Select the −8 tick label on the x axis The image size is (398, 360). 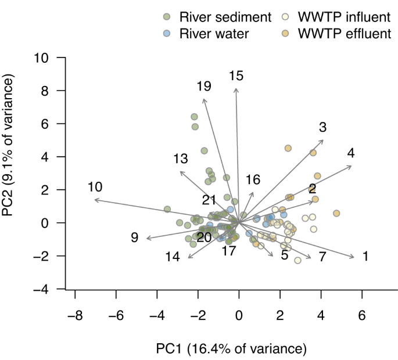(75, 315)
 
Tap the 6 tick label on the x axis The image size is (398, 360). (362, 315)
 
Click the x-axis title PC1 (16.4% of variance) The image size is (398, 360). (231, 348)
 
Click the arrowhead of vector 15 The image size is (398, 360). (236, 88)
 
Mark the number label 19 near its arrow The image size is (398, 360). (203, 87)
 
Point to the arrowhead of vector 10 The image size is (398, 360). (95, 200)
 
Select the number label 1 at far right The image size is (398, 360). (365, 256)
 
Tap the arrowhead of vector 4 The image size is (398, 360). (351, 166)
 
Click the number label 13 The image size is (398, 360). (181, 159)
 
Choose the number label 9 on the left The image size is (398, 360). (134, 237)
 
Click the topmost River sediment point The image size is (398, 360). (195, 117)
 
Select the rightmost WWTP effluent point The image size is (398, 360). (336, 214)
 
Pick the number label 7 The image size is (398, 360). (322, 257)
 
